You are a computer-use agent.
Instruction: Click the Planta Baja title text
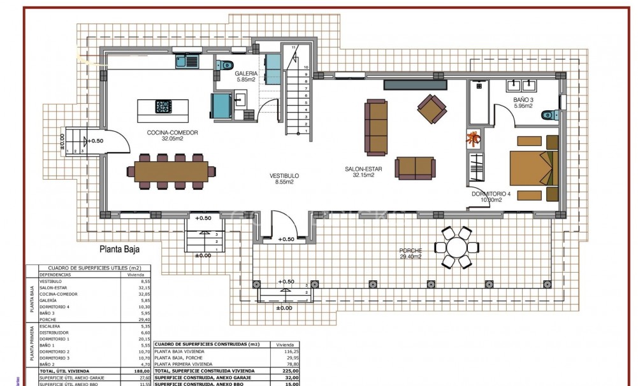click(120, 250)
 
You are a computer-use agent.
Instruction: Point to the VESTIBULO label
click(284, 176)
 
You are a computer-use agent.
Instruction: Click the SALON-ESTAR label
click(359, 169)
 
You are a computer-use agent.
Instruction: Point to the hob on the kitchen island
click(163, 108)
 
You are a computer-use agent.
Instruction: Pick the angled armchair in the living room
click(432, 109)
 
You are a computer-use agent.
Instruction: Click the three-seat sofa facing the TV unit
click(375, 127)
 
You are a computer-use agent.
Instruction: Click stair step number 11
click(294, 48)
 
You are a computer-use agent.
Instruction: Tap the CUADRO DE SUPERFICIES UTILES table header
click(90, 268)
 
